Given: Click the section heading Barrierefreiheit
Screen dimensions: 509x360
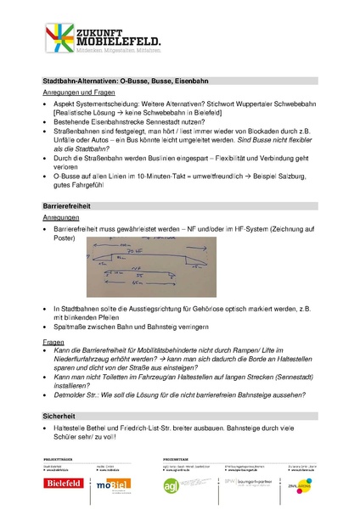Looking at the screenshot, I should [x=67, y=206].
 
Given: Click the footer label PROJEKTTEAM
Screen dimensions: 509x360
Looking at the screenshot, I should [x=177, y=458].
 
